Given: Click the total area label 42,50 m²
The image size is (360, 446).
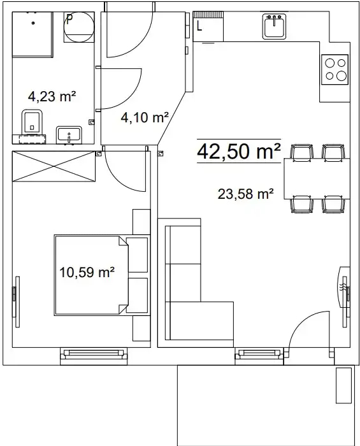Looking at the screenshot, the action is [x=239, y=152].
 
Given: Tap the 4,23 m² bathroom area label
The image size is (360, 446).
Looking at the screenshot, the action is [x=52, y=96].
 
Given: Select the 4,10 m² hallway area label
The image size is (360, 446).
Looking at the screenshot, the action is [x=145, y=117].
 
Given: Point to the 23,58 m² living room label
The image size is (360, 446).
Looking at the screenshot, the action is [x=246, y=194].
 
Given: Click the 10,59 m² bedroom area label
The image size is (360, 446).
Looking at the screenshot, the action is [x=87, y=272].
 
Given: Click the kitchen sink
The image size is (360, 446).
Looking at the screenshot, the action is [x=274, y=26].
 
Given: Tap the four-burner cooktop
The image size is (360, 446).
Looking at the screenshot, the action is [x=335, y=69].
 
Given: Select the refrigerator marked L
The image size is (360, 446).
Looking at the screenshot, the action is [x=208, y=27].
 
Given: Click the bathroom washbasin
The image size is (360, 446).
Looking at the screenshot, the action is [x=69, y=135].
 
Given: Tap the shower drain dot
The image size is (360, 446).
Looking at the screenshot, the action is [x=33, y=23].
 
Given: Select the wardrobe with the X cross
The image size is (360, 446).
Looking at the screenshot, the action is [x=54, y=166].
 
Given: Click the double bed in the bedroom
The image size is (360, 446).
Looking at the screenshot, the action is [x=91, y=275].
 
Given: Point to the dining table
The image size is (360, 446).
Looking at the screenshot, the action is [x=317, y=178].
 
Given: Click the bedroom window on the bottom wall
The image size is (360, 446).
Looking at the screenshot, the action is [x=94, y=356].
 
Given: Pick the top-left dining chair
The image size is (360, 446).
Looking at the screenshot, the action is [x=301, y=152].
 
